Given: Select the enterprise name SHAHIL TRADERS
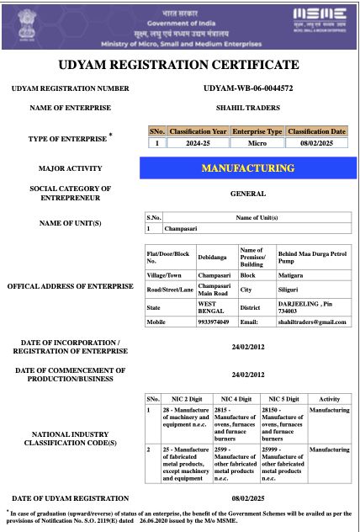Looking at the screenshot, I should pyautogui.click(x=248, y=107).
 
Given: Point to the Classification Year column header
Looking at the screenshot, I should pyautogui.click(x=198, y=131).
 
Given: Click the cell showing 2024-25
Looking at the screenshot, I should pyautogui.click(x=198, y=143).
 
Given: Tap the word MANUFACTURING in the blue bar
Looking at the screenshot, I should pyautogui.click(x=248, y=168).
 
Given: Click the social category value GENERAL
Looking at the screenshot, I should pyautogui.click(x=248, y=194).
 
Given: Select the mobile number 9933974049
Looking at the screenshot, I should pyautogui.click(x=214, y=322).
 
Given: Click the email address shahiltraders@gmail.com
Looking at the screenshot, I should pyautogui.click(x=314, y=322).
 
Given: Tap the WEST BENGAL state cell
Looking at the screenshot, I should pyautogui.click(x=214, y=307).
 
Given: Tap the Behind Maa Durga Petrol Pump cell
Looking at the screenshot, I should pyautogui.click(x=311, y=256).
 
